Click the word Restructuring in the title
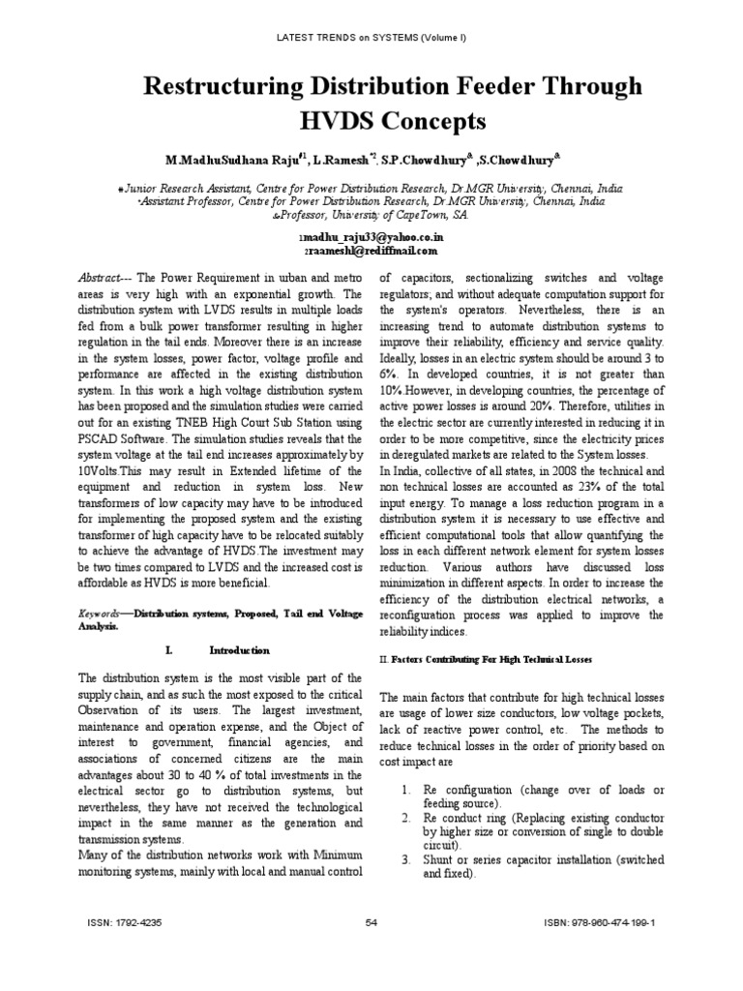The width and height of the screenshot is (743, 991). point(199,88)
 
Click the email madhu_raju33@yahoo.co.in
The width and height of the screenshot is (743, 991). point(372,235)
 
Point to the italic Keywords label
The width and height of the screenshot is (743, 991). point(99,614)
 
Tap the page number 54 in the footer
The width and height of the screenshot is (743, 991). point(371,923)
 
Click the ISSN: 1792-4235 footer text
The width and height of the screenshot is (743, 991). point(124,923)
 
